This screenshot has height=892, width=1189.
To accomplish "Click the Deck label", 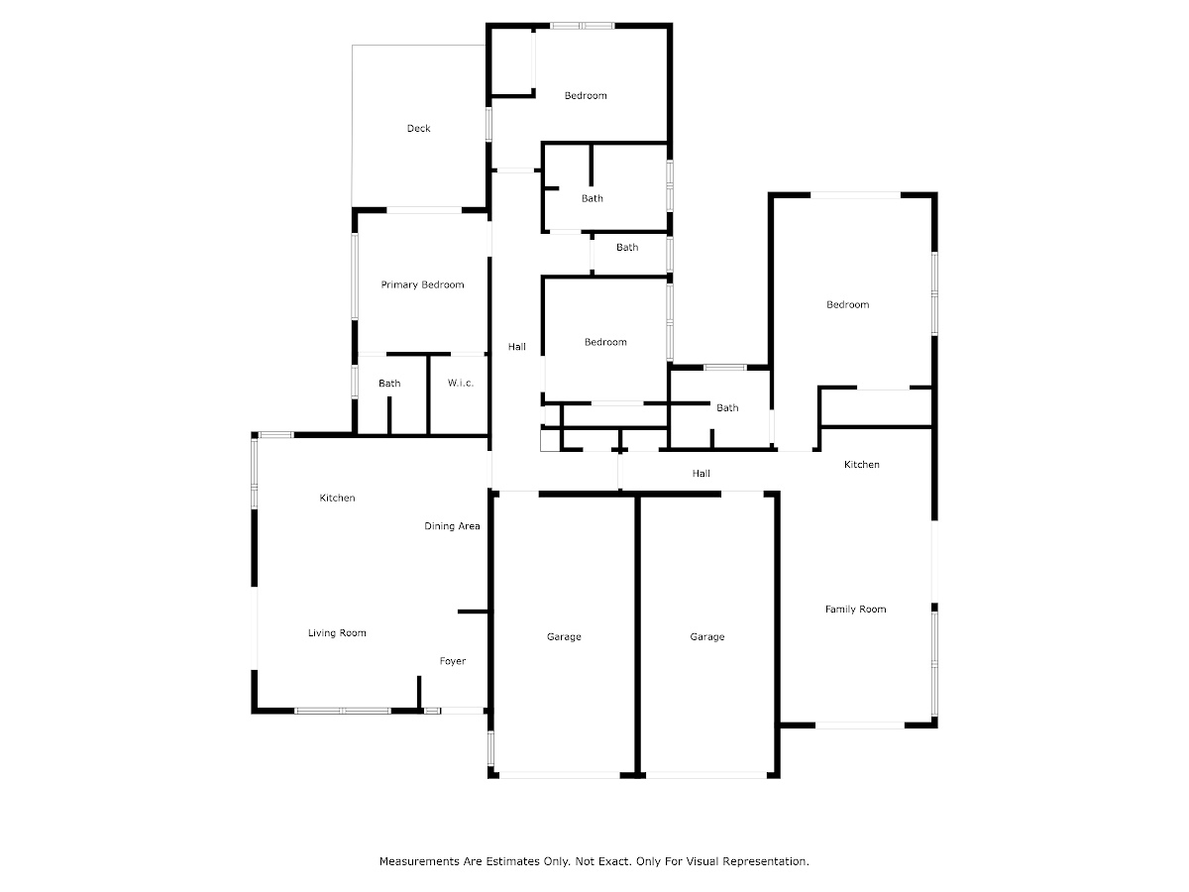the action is click(x=418, y=129).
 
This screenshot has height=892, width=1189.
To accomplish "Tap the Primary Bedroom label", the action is click(x=422, y=284).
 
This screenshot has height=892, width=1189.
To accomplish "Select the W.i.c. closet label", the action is click(x=461, y=383).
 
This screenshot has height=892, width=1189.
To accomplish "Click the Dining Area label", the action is click(x=452, y=526).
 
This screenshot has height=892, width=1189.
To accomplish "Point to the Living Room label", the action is click(x=337, y=632).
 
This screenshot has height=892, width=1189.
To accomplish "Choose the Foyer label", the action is click(x=452, y=661).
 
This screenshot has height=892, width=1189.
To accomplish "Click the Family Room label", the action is click(x=855, y=610).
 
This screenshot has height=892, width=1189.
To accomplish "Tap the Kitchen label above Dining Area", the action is click(x=337, y=498).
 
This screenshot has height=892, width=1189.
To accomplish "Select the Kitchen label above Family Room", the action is click(x=861, y=464).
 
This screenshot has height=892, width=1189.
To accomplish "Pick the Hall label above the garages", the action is click(x=701, y=474).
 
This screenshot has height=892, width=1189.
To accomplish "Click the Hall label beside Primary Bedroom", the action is click(x=517, y=347).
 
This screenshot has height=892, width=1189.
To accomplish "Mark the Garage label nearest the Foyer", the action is click(x=564, y=637).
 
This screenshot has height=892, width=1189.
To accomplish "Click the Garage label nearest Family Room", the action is click(x=706, y=637).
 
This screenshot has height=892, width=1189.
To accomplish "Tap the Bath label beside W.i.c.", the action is click(x=389, y=384).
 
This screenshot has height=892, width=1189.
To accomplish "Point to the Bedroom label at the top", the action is click(x=586, y=96).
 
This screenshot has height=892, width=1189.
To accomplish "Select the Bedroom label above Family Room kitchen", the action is click(x=848, y=305).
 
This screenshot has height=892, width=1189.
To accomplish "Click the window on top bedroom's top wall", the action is click(x=583, y=26).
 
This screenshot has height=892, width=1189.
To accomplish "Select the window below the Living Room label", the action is click(x=343, y=711).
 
